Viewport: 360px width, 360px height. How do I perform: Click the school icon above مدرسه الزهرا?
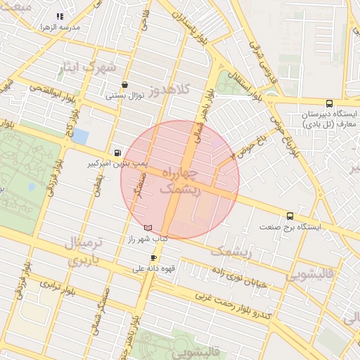tap(60, 15)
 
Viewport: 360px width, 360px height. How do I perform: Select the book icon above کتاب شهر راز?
tap(148, 228)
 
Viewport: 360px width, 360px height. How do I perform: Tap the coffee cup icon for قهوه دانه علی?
tap(153, 258)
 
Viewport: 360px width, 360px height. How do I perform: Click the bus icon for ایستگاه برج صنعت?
tap(290, 216)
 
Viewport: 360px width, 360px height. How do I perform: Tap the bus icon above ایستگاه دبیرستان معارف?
tap(330, 103)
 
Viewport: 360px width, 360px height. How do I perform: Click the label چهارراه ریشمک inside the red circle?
tap(181, 181)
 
